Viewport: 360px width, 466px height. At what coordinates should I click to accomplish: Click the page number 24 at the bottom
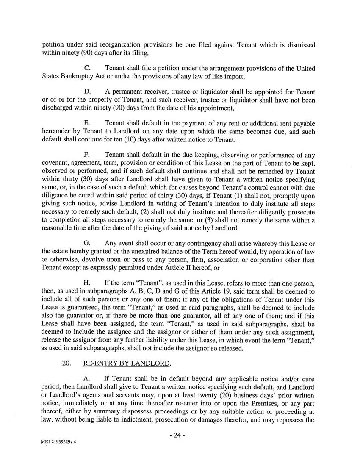click(x=180, y=436)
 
